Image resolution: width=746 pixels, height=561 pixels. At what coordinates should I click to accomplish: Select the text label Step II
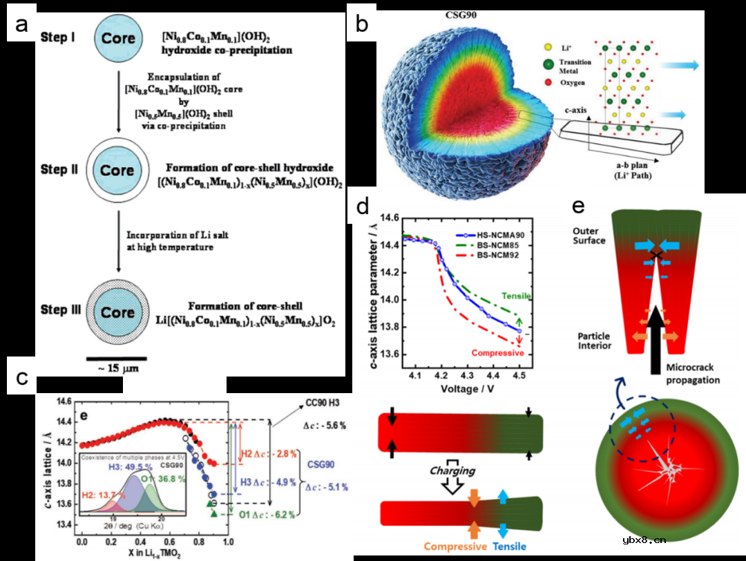pos(66,169)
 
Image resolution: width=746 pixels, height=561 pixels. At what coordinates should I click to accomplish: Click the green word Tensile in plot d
pos(517,296)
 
